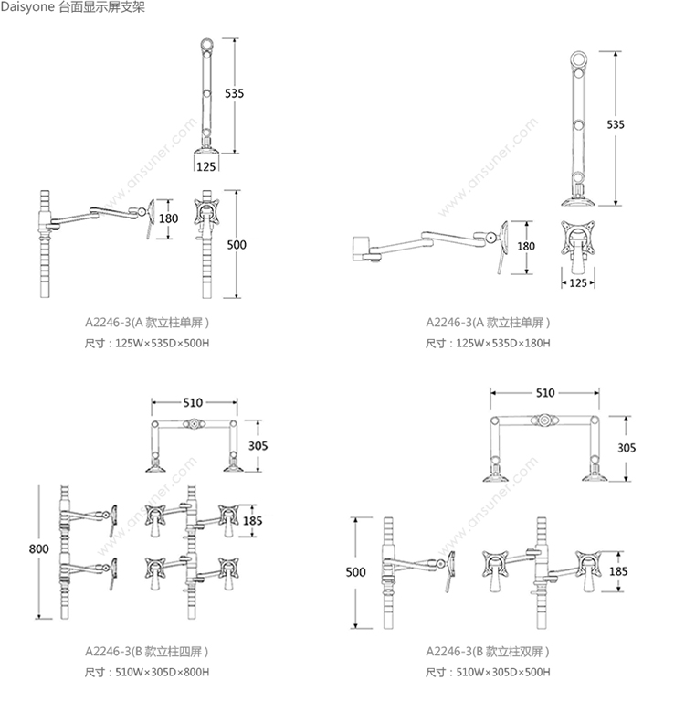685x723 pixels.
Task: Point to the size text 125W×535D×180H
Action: coord(501,344)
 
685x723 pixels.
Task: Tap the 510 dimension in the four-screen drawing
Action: coord(193,402)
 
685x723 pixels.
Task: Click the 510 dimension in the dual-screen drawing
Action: coord(544,393)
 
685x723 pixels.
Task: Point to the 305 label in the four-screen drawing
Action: coord(258,446)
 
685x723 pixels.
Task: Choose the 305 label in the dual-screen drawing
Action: coord(626,448)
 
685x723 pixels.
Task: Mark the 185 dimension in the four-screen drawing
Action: coord(253,521)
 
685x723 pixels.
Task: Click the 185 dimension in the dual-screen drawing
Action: coord(618,571)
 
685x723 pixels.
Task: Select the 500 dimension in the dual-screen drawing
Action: coord(356,572)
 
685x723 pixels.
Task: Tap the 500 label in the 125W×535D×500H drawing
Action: coord(236,245)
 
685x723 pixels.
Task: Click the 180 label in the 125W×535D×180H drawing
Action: coord(525,247)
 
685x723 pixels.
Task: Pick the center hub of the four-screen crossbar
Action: coord(195,424)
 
